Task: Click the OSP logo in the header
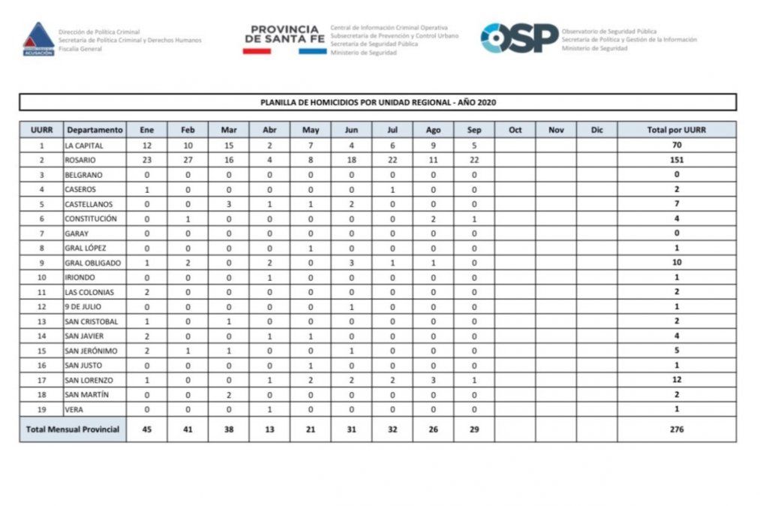(519, 38)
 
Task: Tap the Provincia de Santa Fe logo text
(284, 35)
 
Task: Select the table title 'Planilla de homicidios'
(378, 102)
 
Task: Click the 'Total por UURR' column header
(676, 130)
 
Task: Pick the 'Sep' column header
(474, 130)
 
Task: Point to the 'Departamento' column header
(94, 130)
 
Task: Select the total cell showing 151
(676, 160)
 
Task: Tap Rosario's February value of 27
(188, 160)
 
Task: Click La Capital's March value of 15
(228, 145)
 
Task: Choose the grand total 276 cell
(676, 429)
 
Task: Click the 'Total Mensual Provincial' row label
(72, 429)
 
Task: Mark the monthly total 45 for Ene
(146, 429)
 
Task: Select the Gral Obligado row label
(92, 263)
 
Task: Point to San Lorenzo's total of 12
(676, 381)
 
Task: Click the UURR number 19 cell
(41, 410)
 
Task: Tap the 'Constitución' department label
(91, 218)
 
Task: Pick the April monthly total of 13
(269, 429)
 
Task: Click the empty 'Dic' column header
(596, 130)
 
